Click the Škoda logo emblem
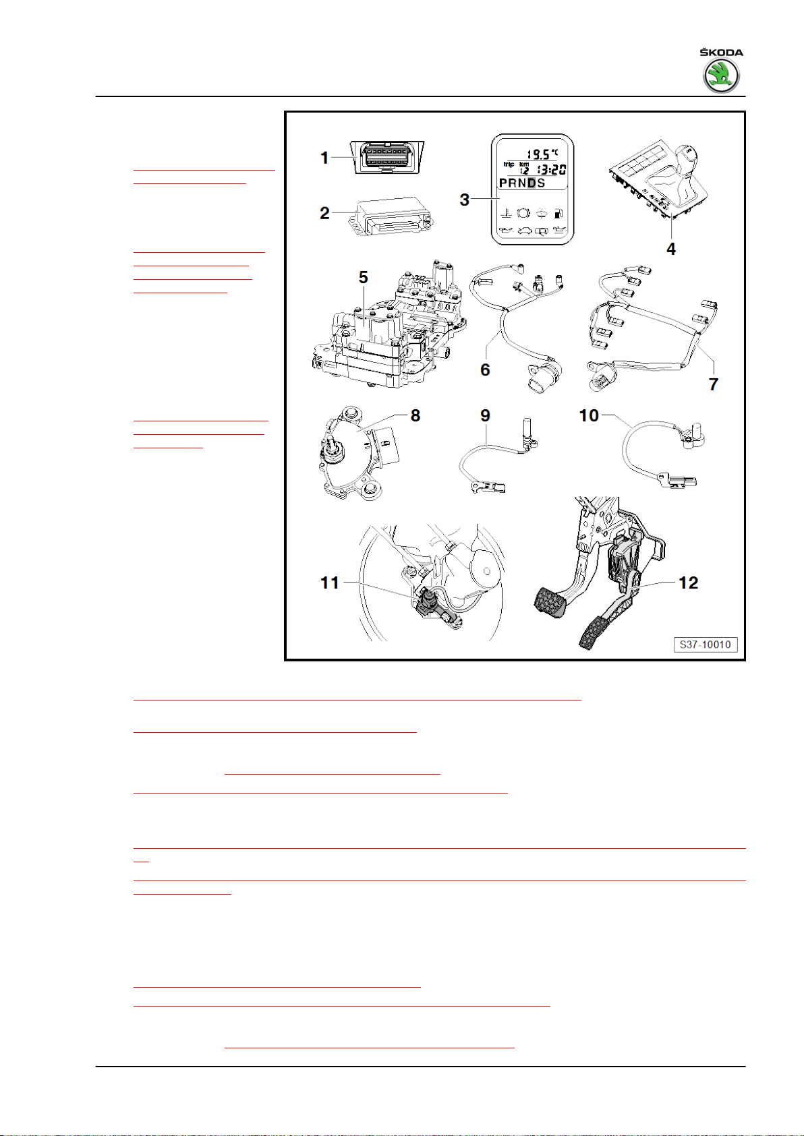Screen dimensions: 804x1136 (x=721, y=76)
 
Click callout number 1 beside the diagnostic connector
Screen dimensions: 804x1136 (x=324, y=158)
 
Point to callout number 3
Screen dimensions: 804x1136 (x=464, y=200)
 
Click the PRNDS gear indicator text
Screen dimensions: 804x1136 (x=522, y=183)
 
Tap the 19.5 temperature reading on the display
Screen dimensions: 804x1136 (x=538, y=154)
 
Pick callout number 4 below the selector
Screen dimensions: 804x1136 (x=670, y=249)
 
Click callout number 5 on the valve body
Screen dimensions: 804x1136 (x=363, y=277)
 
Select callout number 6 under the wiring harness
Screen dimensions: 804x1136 (x=485, y=369)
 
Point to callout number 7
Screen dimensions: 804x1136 (x=713, y=384)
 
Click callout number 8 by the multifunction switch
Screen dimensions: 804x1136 (x=415, y=415)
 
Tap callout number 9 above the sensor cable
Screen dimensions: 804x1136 (x=485, y=415)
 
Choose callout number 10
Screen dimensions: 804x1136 (x=589, y=415)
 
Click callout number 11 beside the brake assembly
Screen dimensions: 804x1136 (x=330, y=582)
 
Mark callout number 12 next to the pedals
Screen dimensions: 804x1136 (x=689, y=582)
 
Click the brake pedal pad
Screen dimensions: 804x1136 (x=550, y=601)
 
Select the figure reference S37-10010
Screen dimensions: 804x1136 (x=705, y=645)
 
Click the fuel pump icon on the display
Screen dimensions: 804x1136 (x=558, y=213)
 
